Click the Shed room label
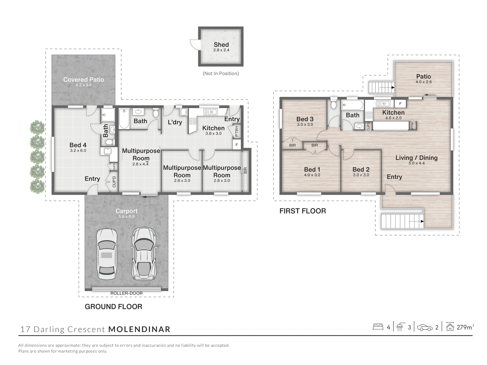coord(221,45)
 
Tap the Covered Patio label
coord(83,80)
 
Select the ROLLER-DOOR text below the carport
coord(126,293)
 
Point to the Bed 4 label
coord(78,145)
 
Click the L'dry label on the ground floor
coord(175,122)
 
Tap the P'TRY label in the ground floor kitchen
coord(237,131)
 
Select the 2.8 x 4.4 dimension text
coord(140,164)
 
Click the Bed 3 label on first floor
coord(305,119)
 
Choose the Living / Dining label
coord(416,158)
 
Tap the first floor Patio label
coord(423,77)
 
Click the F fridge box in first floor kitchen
coord(400,103)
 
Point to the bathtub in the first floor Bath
coord(353,104)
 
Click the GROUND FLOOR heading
coord(113,307)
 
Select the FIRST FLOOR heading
coord(303,211)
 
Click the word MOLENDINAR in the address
coord(139,329)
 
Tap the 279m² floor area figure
coord(465,327)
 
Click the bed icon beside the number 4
coord(378,327)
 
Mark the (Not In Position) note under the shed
coord(221,74)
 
